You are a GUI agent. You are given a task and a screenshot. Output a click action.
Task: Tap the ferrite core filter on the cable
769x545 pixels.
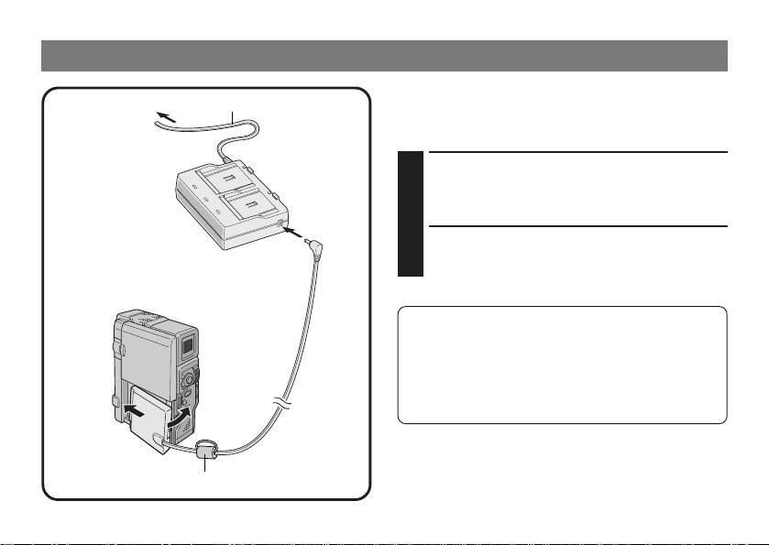point(206,450)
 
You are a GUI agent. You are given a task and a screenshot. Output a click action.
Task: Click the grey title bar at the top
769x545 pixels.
point(384,56)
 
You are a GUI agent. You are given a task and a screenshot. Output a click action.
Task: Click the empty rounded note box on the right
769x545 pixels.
point(562,365)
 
